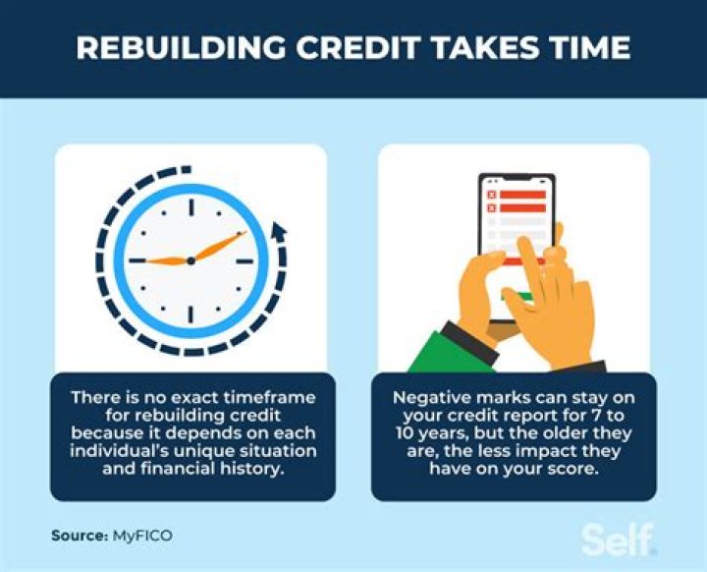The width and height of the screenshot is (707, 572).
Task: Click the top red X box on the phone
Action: (492, 194)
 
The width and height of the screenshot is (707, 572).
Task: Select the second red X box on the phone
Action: (492, 208)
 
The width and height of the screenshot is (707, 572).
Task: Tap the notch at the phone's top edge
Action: (517, 178)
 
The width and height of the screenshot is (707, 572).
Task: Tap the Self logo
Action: (618, 540)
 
